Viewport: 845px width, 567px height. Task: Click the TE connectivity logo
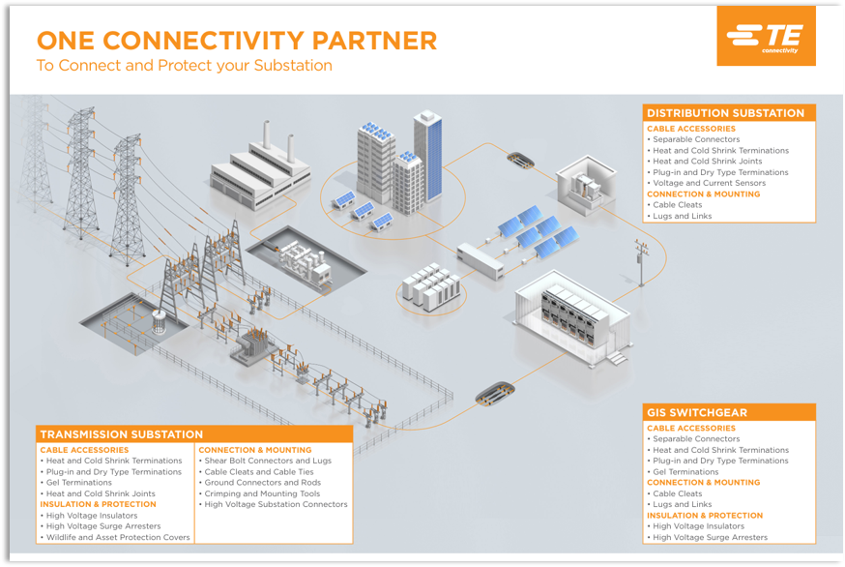point(766,36)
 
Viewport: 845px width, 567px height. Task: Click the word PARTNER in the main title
point(374,41)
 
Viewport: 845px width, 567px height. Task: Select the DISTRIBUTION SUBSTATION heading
point(725,113)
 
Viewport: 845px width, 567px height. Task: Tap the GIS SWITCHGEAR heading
point(697,413)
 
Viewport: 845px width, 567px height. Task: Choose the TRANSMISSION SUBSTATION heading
point(121,434)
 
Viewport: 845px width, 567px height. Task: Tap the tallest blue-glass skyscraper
point(427,156)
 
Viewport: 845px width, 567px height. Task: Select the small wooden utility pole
point(641,263)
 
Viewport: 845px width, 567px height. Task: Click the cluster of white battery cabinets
point(432,287)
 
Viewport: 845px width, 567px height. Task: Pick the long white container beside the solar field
point(481,261)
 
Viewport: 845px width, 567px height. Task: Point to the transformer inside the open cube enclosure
point(586,187)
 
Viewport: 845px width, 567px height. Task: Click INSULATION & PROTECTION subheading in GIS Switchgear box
point(705,515)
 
